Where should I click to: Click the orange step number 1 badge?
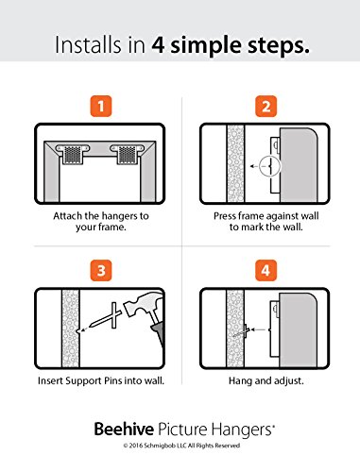point(101,106)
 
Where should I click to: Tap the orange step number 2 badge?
point(266,106)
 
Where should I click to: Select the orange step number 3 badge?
point(101,270)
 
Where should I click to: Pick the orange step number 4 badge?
point(266,270)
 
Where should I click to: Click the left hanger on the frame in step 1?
point(73,153)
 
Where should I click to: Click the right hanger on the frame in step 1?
point(127,153)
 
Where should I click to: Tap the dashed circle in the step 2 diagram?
point(270,165)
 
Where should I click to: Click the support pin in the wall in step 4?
point(242,332)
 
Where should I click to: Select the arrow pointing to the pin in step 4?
point(259,329)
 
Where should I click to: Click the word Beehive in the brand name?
point(124,429)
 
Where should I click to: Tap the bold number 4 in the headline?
point(158,45)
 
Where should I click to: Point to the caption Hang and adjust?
point(266,381)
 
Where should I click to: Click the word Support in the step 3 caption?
point(84,381)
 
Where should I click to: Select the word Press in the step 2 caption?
point(224,216)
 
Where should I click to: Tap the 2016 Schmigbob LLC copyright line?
point(181,446)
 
